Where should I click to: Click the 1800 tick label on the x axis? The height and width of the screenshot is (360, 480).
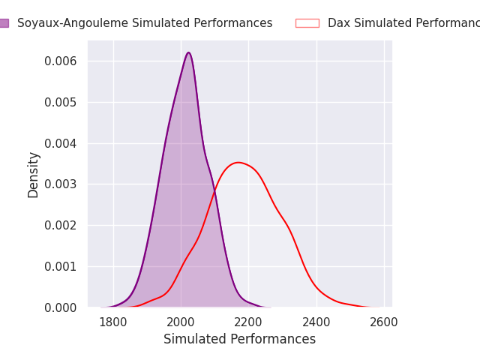tap(113, 322)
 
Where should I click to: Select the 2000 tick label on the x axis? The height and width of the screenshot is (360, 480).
tap(181, 322)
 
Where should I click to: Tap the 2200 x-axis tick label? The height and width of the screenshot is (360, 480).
tap(248, 322)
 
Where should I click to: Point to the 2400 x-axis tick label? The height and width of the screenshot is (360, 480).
tap(316, 322)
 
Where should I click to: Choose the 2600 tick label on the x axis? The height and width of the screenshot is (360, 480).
tap(384, 322)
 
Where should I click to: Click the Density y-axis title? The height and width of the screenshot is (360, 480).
tap(34, 175)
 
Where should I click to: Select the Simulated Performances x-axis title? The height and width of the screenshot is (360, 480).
tap(239, 340)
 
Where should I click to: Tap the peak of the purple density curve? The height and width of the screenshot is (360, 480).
tap(188, 52)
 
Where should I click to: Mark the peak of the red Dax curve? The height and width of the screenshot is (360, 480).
tap(238, 162)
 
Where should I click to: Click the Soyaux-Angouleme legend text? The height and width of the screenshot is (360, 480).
tap(145, 23)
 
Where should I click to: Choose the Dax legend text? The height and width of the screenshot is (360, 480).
tap(403, 23)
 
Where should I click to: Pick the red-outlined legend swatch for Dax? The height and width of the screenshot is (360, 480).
tap(307, 23)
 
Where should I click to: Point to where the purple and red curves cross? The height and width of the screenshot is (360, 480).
tap(214, 193)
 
